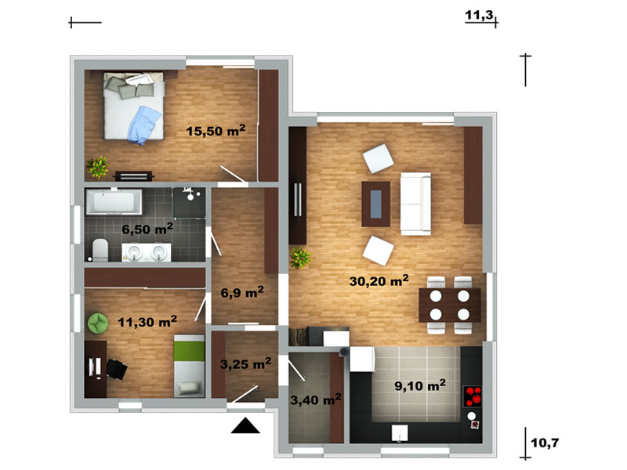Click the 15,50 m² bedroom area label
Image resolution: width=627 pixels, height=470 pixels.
[216, 131]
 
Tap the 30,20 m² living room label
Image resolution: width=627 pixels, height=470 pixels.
[379, 280]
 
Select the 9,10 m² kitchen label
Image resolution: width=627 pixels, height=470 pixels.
[420, 385]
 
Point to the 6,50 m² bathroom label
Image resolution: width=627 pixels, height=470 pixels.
[147, 229]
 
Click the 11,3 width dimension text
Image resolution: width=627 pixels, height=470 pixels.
[479, 15]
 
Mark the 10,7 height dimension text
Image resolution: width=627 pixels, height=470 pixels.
[545, 443]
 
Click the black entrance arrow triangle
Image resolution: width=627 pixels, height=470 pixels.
[245, 425]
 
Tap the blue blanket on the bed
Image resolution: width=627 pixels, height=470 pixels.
[144, 125]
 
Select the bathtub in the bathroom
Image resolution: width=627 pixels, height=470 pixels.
[114, 201]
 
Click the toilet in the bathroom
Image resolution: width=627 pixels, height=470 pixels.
[100, 250]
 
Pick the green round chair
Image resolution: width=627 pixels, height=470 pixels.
[98, 323]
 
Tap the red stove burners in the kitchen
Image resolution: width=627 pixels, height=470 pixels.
[473, 396]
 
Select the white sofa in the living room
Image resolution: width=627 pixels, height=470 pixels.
[415, 204]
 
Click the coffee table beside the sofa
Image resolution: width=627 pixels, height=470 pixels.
[376, 204]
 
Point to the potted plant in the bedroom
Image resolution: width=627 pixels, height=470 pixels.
[98, 167]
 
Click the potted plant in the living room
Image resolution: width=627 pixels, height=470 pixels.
[301, 258]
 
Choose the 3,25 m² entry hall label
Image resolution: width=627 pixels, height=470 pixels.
[245, 363]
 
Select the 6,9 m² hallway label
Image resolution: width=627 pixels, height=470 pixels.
[242, 292]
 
